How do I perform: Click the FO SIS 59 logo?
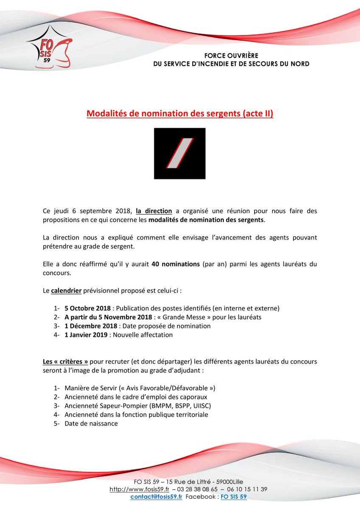[x=49, y=49]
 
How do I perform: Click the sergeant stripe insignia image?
[x=180, y=153]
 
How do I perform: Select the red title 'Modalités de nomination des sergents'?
[x=180, y=114]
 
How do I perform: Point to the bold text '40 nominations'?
[x=174, y=264]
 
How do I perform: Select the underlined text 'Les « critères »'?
[x=65, y=361]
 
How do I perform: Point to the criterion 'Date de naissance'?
[x=91, y=423]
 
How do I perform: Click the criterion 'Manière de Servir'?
[x=90, y=388]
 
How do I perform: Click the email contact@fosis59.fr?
[x=156, y=496]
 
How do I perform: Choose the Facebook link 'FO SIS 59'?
[x=233, y=496]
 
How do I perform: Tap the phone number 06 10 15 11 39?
[x=246, y=489]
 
